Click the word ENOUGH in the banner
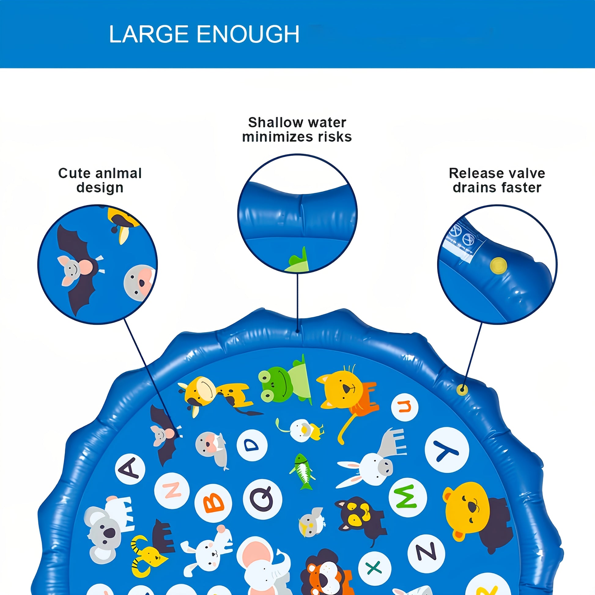click(x=248, y=34)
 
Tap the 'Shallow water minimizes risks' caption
click(x=297, y=130)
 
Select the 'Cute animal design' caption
click(x=100, y=180)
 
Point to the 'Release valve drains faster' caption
click(x=497, y=180)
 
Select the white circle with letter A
click(x=130, y=469)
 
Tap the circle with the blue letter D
click(x=252, y=445)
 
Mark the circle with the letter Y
click(x=447, y=450)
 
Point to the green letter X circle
click(x=375, y=568)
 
